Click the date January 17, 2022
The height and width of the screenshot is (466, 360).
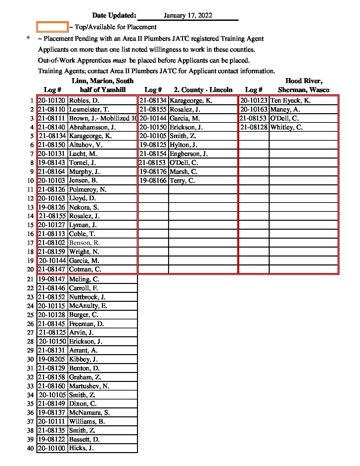[188, 16]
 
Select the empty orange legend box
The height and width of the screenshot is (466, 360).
[52, 27]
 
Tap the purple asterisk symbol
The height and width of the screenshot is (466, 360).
[28, 39]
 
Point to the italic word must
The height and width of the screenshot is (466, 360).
[119, 61]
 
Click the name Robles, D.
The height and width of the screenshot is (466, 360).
[84, 101]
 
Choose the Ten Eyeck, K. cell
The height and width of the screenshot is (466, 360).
[290, 101]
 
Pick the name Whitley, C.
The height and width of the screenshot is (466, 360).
[286, 127]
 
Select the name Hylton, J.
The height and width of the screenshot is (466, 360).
[183, 145]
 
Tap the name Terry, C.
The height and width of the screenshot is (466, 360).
[182, 181]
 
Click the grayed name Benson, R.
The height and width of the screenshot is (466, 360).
[84, 243]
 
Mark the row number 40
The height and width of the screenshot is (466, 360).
[30, 448]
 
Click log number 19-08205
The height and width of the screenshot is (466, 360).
[52, 359]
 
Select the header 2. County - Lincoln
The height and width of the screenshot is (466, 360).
[203, 90]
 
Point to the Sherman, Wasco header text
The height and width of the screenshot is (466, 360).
[303, 90]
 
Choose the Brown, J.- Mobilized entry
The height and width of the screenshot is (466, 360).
[103, 118]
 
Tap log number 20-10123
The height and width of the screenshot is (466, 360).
[253, 101]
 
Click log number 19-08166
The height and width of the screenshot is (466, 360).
[153, 181]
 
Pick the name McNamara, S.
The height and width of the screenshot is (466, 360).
[89, 413]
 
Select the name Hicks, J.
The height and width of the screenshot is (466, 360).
[81, 448]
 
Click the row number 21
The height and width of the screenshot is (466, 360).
[30, 279]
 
